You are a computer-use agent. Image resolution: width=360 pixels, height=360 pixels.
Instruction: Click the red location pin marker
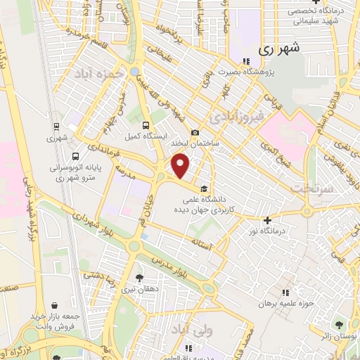tap(181, 167)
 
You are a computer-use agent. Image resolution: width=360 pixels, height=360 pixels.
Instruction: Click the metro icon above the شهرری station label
tap(57, 127)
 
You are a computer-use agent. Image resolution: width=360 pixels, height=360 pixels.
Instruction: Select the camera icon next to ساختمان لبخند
tap(195, 133)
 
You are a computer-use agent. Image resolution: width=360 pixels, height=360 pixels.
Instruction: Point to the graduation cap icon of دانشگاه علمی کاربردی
tap(204, 188)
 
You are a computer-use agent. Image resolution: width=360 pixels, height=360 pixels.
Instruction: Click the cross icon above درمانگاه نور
tap(266, 220)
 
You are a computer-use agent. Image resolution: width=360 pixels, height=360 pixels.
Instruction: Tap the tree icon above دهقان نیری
tap(139, 278)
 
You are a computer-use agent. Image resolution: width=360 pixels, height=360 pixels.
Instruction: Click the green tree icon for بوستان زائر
tap(340, 325)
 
